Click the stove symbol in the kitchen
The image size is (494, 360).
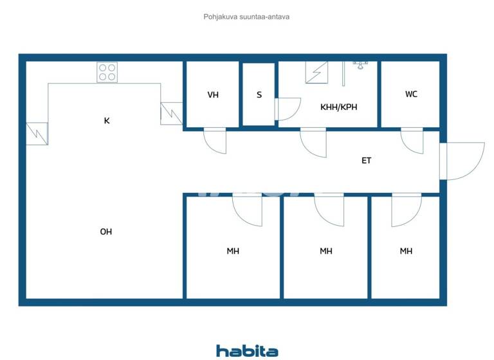click(107, 72)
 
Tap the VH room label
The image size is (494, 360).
click(213, 95)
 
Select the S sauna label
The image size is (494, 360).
click(259, 95)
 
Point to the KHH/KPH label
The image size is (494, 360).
click(338, 107)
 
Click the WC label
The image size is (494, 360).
click(411, 94)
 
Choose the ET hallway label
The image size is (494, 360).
click(367, 161)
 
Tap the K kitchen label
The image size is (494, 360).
click(107, 120)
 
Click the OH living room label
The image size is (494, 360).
click(106, 231)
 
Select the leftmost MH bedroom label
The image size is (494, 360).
click(233, 251)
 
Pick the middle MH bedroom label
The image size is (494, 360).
click(326, 251)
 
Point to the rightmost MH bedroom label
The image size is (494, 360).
click(406, 251)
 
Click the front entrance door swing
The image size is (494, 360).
click(462, 161)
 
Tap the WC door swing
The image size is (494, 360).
click(412, 140)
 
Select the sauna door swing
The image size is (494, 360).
click(288, 109)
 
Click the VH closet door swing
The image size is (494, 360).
click(215, 140)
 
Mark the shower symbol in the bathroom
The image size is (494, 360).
click(316, 72)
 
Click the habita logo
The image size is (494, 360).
click(247, 351)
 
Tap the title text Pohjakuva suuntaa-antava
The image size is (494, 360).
click(246, 17)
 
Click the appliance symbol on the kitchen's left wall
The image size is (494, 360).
click(37, 134)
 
